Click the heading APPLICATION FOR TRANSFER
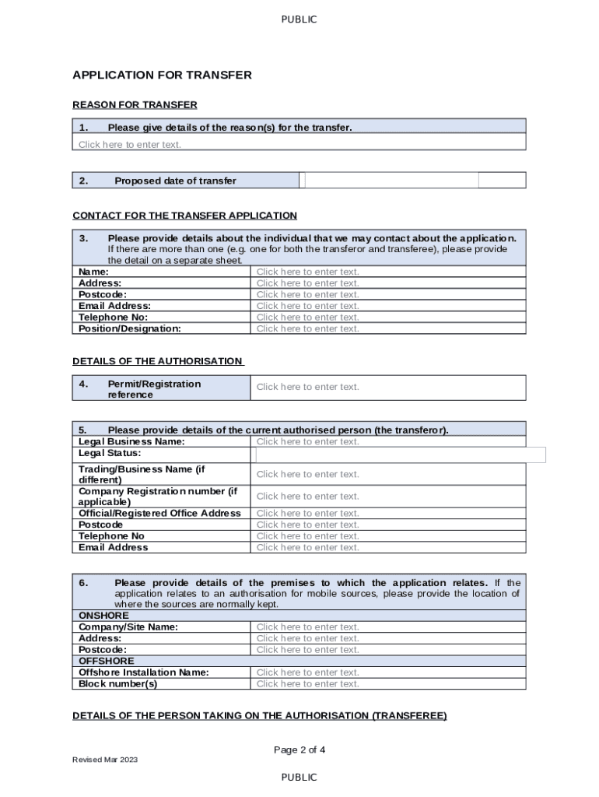coord(162,75)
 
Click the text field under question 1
coord(299,145)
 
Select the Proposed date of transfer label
coord(175,181)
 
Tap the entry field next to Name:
coord(387,272)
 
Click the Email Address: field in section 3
coord(387,306)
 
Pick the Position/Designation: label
coord(130,328)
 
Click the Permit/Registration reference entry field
coord(387,387)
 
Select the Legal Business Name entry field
coord(387,441)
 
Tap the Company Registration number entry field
coord(387,496)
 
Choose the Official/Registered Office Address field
coord(387,513)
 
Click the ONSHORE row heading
coord(104,616)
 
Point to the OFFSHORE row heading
coord(107,661)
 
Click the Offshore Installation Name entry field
coord(387,672)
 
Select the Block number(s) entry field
coord(387,684)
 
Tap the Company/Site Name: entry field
coord(387,627)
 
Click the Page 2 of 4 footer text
coord(299,750)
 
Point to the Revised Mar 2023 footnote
coord(105,760)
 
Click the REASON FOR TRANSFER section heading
coord(135,104)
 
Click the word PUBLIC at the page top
coord(299,19)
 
